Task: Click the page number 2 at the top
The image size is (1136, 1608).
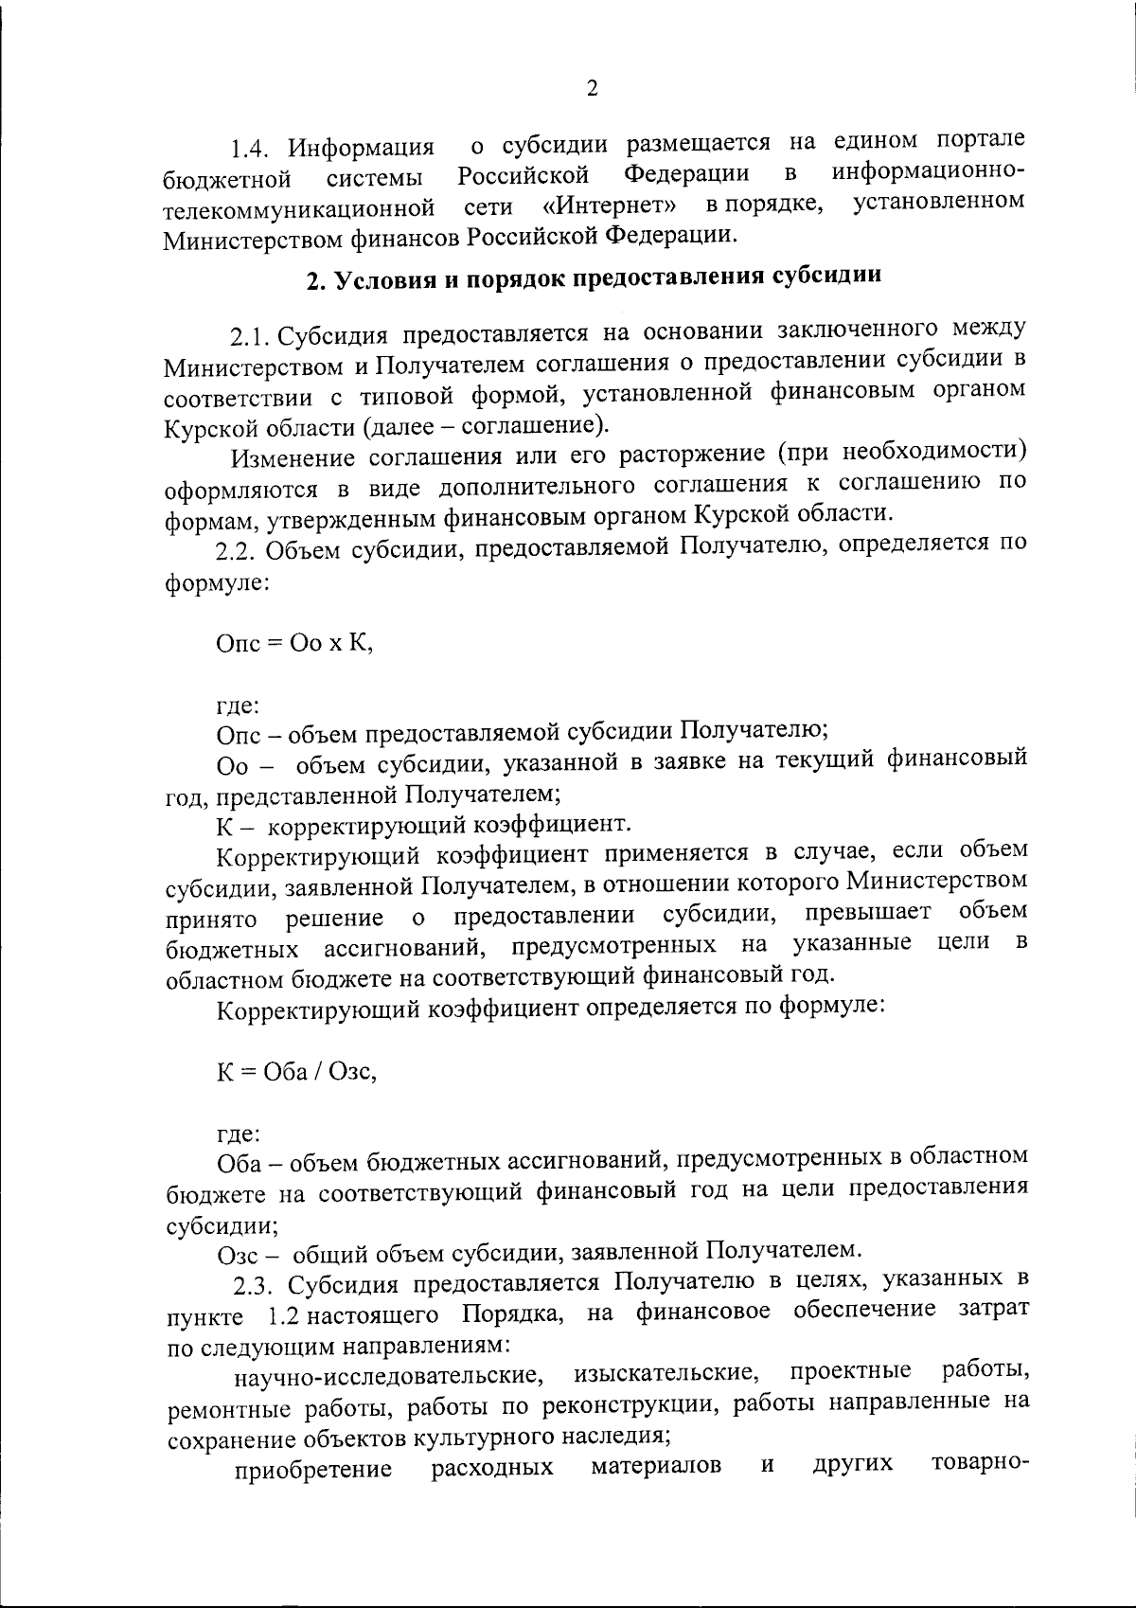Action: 592,89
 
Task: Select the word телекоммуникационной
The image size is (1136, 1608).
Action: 299,207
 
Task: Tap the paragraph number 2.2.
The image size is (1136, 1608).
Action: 238,549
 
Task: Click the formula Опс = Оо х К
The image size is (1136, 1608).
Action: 295,643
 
